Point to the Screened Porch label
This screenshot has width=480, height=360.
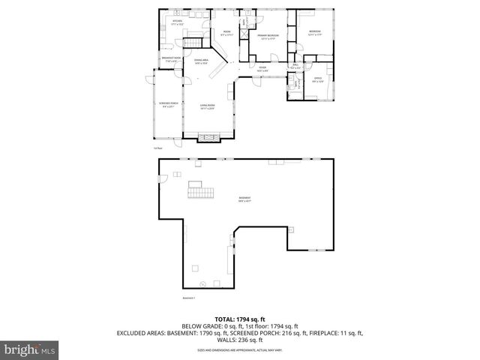[167, 104]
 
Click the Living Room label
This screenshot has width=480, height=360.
[207, 106]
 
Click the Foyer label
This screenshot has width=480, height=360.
[263, 68]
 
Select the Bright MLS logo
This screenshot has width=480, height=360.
[30, 349]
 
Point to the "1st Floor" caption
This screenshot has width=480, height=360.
[157, 148]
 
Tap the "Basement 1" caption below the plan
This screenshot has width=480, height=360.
[189, 298]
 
